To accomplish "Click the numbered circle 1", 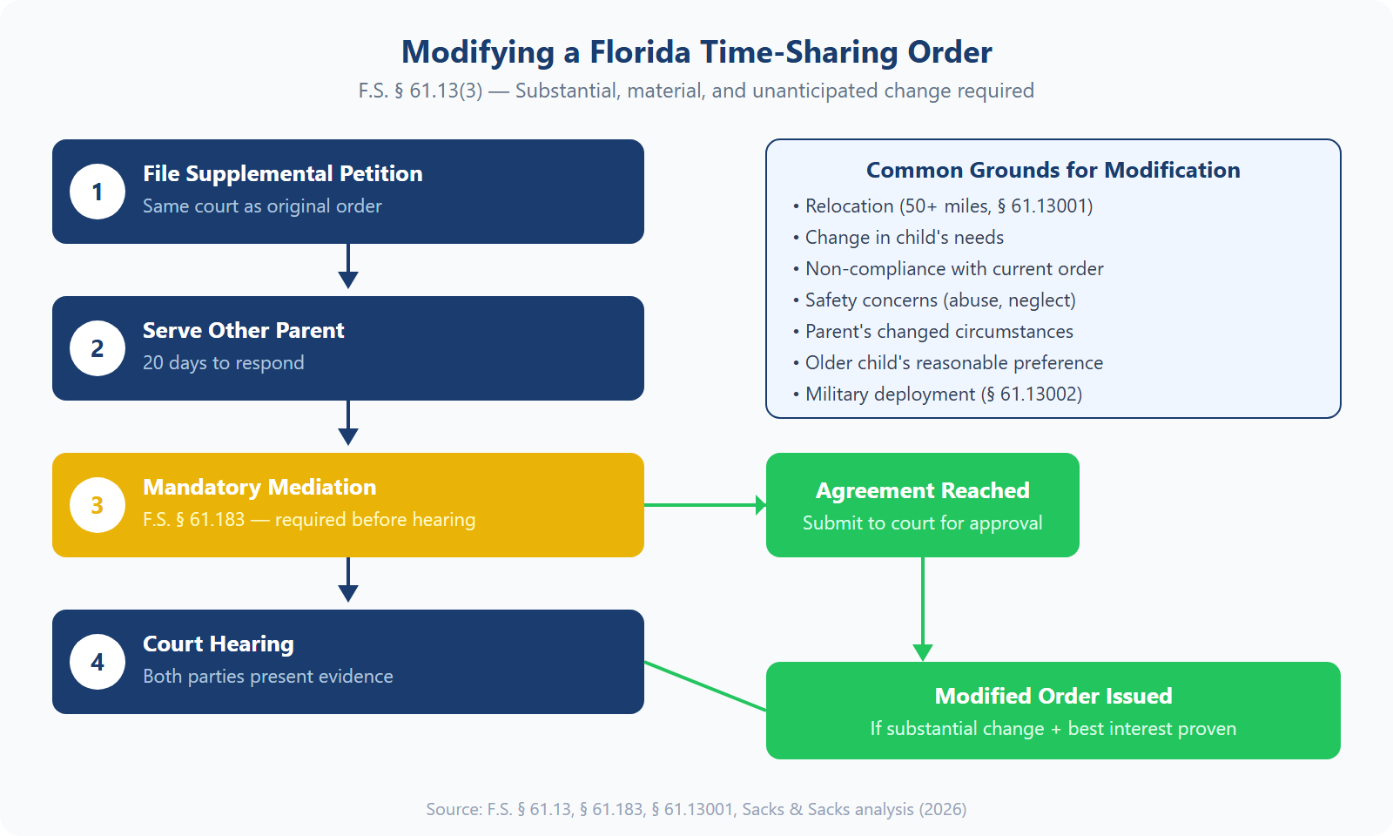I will (x=98, y=192).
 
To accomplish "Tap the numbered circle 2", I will (x=98, y=348).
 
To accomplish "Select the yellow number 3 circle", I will (x=98, y=505).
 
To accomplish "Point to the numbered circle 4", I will (x=98, y=662).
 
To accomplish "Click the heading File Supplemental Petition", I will (x=282, y=174).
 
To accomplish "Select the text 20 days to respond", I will (x=223, y=363).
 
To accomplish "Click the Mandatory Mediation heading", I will (x=259, y=488).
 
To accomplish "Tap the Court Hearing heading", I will (x=218, y=644).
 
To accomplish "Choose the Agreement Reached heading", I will (x=922, y=491).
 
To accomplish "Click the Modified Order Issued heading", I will (x=1053, y=697).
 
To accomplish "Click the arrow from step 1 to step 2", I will (x=348, y=268).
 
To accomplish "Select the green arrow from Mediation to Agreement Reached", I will (x=705, y=505).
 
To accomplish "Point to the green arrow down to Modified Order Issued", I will (x=923, y=610).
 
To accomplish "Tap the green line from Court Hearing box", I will (x=705, y=686).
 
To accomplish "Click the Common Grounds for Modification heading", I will (x=1053, y=171).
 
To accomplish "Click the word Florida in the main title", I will (x=640, y=52).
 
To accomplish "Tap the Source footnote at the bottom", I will (x=696, y=809).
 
